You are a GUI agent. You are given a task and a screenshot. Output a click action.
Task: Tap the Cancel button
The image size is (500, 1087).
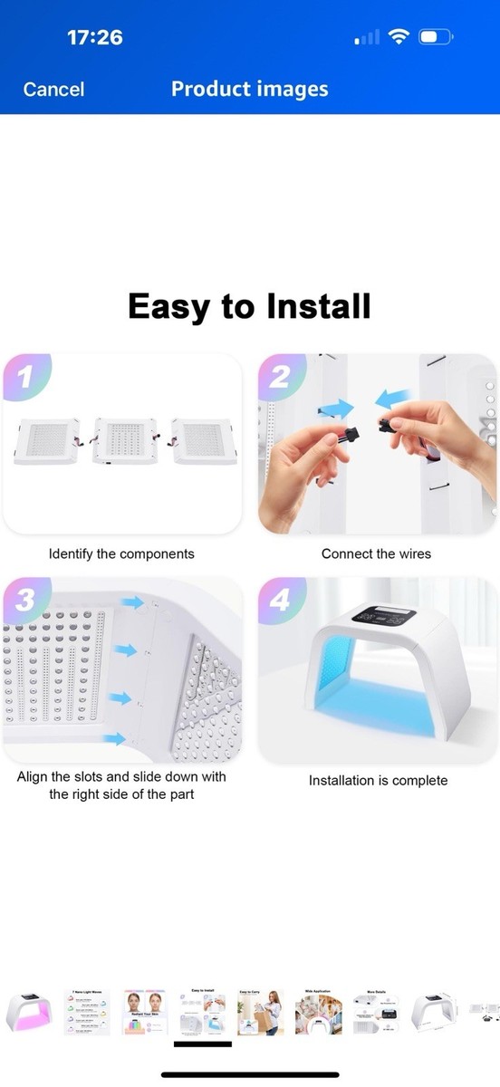[x=53, y=89]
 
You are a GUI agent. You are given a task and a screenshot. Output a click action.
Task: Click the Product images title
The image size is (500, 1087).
[x=249, y=89]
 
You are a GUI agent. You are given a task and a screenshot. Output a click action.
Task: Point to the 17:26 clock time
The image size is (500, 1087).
[x=94, y=37]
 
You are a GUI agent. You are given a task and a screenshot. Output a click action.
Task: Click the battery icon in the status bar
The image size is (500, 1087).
[x=436, y=37]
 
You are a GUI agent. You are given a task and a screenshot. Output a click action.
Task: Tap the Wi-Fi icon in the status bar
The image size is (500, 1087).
[x=398, y=37]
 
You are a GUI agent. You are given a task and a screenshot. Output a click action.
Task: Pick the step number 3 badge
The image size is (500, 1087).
[x=24, y=600]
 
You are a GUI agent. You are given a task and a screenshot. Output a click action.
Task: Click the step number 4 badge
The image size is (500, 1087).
[x=279, y=600]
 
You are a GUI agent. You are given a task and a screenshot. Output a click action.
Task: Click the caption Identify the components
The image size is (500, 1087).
[x=121, y=553]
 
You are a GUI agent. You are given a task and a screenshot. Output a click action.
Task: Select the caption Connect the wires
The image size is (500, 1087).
[x=376, y=553]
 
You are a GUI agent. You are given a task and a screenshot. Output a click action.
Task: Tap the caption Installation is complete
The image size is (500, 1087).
[x=378, y=780]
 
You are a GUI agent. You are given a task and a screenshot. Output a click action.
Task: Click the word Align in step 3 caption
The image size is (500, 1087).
[x=34, y=776]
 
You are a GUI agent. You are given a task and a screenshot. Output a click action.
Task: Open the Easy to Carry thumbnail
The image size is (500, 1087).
[x=260, y=1012]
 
